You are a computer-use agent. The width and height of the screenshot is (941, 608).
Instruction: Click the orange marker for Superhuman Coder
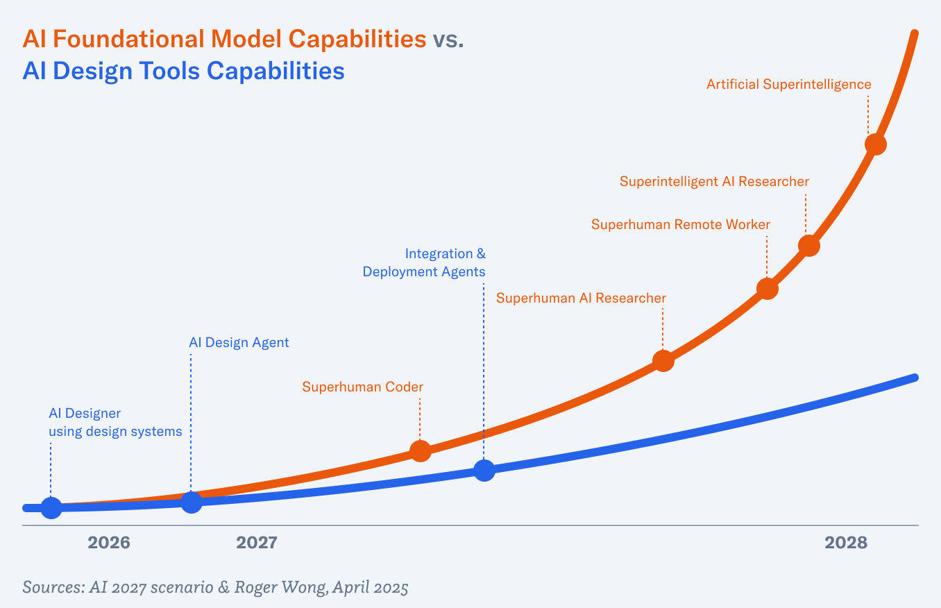tap(421, 450)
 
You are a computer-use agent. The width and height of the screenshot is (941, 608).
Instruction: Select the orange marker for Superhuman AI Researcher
tap(663, 361)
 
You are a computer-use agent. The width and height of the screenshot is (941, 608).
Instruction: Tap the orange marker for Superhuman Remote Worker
tap(767, 289)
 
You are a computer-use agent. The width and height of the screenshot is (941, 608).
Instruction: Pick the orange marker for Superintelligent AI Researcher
tap(808, 246)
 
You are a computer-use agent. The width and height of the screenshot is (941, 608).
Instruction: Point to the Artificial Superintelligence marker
tap(876, 144)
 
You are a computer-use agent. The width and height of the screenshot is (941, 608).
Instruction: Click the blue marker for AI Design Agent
tap(192, 502)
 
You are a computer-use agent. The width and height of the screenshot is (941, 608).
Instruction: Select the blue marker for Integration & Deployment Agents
tap(484, 470)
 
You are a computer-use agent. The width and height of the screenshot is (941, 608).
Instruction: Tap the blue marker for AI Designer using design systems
tap(51, 507)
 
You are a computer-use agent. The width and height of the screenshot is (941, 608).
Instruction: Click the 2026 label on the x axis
tap(109, 543)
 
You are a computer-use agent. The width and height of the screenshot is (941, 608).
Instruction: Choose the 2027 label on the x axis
tap(257, 543)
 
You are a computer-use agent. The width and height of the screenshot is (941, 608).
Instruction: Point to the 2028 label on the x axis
tap(846, 543)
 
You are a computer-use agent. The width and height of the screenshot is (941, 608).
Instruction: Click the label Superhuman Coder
tap(362, 387)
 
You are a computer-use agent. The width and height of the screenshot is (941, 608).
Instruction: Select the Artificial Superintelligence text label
tap(788, 85)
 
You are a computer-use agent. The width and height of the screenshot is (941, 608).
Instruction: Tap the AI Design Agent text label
tap(239, 343)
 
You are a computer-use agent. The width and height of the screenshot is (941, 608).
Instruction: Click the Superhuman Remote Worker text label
tap(680, 225)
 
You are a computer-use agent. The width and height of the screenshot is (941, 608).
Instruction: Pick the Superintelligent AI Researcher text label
tap(714, 182)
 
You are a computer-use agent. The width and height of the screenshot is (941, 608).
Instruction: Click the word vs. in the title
tap(448, 40)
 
